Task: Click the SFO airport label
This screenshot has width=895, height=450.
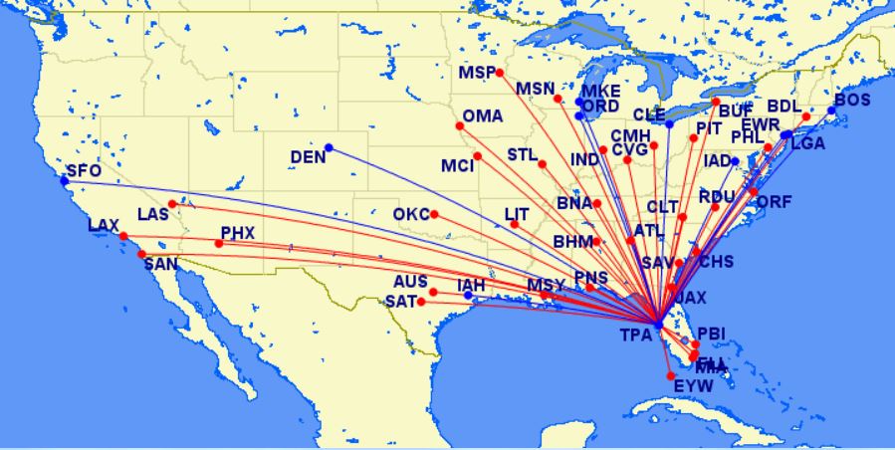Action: [x=85, y=171]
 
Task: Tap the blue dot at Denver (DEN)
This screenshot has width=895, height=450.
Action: [x=329, y=148]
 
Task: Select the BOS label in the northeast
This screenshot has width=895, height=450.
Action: [x=852, y=100]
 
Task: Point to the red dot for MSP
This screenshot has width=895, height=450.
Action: [x=500, y=73]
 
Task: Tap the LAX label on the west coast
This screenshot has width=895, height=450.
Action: [x=104, y=226]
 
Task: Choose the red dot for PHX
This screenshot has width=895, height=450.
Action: [x=219, y=244]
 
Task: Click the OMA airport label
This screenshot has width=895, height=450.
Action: [x=483, y=115]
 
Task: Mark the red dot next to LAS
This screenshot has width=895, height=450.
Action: [x=172, y=204]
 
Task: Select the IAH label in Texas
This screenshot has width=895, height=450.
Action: [x=471, y=286]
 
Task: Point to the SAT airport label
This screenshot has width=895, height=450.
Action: [x=402, y=301]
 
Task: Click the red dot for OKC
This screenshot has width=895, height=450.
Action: [x=434, y=214]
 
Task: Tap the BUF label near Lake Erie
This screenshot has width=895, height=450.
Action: [x=737, y=111]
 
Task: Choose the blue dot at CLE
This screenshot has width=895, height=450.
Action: [x=669, y=124]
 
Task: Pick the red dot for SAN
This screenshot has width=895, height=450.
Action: [x=141, y=254]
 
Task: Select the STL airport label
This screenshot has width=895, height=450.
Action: [x=523, y=155]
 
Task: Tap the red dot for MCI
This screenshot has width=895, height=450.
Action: [x=478, y=156]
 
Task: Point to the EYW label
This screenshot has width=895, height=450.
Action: [x=693, y=385]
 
